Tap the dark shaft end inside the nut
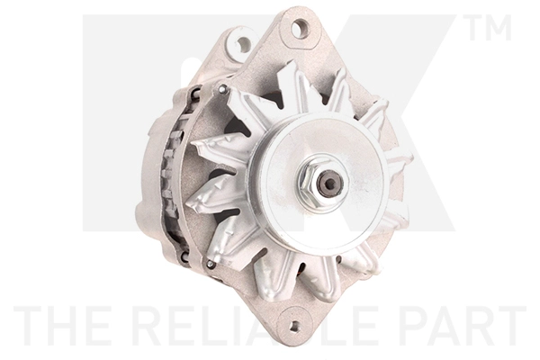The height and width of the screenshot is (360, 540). (330, 184)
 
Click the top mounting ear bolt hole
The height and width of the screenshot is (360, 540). (300, 29)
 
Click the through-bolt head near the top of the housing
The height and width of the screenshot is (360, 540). (222, 89)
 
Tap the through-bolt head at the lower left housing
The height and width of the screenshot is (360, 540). (210, 264)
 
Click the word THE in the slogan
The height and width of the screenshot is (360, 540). (61, 327)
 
